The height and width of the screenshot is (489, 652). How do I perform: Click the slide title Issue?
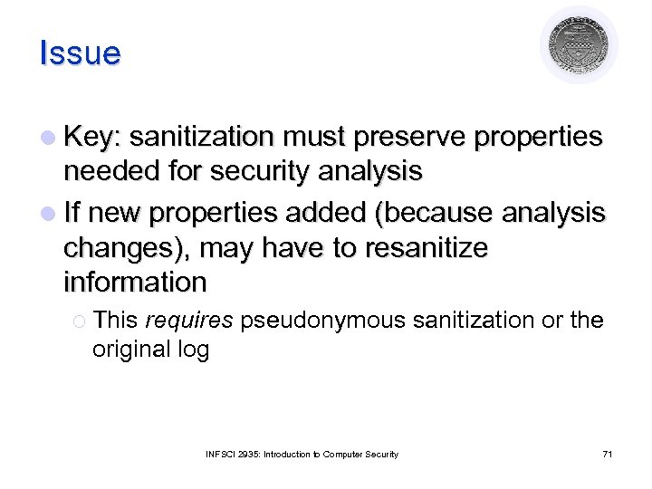click(x=80, y=53)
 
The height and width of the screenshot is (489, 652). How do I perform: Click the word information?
click(x=135, y=282)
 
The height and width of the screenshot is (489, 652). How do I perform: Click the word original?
click(x=131, y=349)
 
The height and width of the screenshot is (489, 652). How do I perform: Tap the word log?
click(x=192, y=350)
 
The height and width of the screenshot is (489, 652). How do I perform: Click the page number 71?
click(x=607, y=454)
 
